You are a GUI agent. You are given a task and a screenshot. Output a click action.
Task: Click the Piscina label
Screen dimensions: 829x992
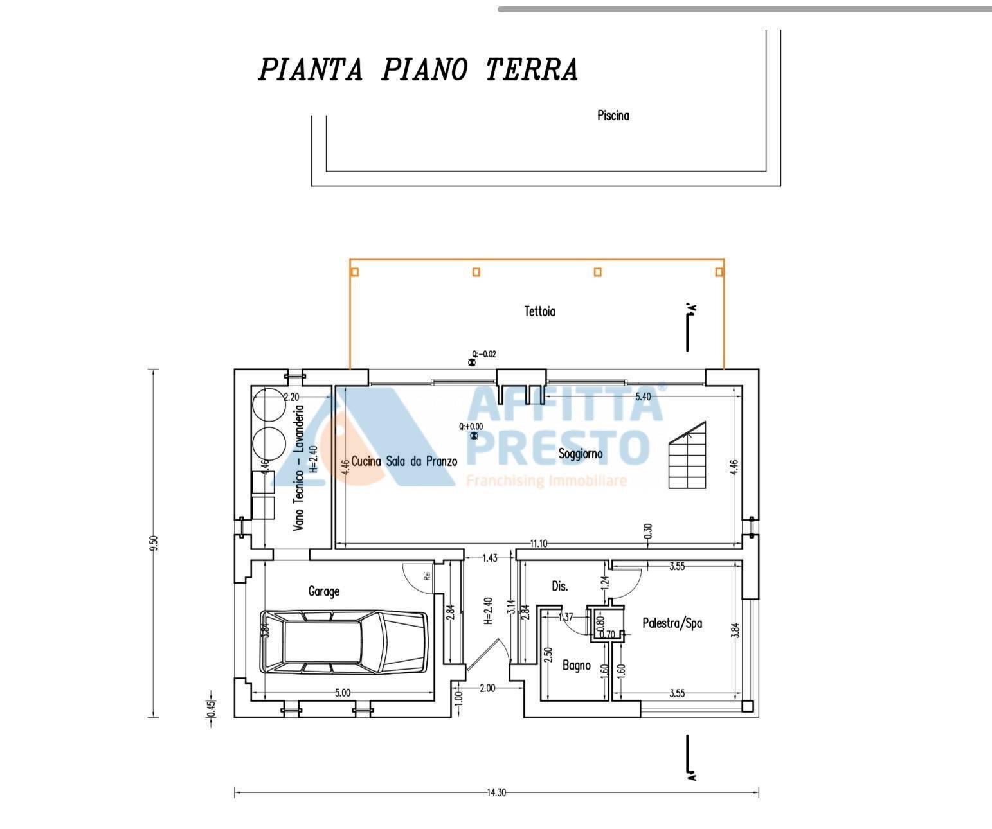pyautogui.click(x=613, y=116)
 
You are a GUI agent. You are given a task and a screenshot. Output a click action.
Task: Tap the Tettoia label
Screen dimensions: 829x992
pyautogui.click(x=539, y=312)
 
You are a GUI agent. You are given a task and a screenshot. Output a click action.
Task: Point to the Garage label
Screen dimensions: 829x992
pyautogui.click(x=323, y=591)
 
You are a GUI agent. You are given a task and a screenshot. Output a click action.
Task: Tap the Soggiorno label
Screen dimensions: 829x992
pyautogui.click(x=580, y=454)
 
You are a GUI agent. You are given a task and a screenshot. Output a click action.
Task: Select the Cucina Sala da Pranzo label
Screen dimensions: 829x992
pyautogui.click(x=404, y=461)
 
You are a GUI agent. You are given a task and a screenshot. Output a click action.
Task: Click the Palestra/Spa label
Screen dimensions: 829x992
pyautogui.click(x=672, y=623)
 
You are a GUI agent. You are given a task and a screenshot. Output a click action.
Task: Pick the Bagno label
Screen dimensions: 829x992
pyautogui.click(x=576, y=665)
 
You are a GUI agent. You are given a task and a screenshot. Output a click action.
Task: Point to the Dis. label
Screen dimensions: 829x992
pyautogui.click(x=560, y=586)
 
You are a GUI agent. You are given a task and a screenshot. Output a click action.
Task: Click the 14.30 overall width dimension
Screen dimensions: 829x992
pyautogui.click(x=496, y=792)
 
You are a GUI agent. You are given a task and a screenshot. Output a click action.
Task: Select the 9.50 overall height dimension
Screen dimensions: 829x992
pyautogui.click(x=153, y=543)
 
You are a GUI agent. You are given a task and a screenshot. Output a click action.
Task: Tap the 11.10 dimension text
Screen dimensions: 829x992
pyautogui.click(x=538, y=544)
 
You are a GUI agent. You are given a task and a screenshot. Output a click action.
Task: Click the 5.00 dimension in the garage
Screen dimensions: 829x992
pyautogui.click(x=342, y=693)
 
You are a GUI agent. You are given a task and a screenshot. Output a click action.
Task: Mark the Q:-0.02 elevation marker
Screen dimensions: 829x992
pyautogui.click(x=483, y=354)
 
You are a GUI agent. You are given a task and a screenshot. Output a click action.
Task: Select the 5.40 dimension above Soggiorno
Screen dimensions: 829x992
pyautogui.click(x=642, y=397)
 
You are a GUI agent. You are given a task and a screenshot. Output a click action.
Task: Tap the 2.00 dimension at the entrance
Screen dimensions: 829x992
pyautogui.click(x=487, y=688)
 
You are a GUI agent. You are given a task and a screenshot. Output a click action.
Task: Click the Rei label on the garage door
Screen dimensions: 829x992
pyautogui.click(x=426, y=575)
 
